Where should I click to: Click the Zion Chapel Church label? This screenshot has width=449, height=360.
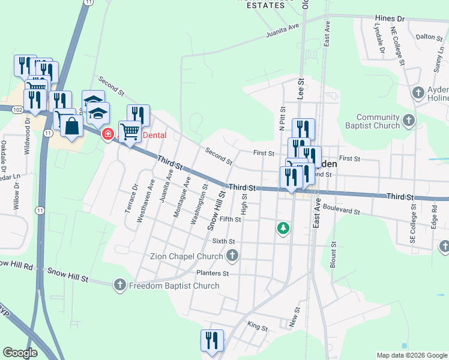point(186,256)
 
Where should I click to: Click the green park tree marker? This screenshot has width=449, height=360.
point(283,228)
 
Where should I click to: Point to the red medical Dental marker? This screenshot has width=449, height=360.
point(108,134)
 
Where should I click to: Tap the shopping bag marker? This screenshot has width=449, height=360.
point(71,127)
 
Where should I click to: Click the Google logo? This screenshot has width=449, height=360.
point(20,353)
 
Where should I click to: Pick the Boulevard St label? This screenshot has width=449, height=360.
point(340,211)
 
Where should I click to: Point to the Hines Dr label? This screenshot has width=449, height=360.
point(390,19)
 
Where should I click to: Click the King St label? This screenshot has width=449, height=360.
point(256,328)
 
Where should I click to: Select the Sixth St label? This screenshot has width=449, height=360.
point(224,241)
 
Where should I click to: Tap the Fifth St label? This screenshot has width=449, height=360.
point(230,220)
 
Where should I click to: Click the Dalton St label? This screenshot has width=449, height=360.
point(429,37)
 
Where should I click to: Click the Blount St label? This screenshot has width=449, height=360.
point(333,255)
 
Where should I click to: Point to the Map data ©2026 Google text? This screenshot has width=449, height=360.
point(411,355)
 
